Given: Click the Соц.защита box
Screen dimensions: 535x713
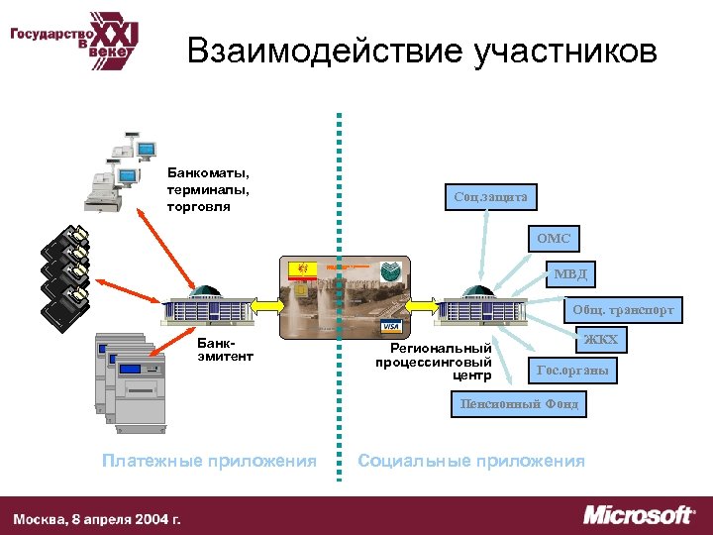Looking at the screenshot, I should [490, 197].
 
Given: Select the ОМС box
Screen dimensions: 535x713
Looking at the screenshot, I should [555, 239].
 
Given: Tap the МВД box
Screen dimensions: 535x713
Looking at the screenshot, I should [570, 273].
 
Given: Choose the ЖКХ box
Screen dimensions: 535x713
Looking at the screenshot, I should [601, 341].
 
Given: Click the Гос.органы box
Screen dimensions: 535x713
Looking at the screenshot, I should [571, 372].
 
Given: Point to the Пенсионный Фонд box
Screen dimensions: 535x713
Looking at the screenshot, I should [519, 404].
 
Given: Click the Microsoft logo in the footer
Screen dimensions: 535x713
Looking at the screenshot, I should [639, 515].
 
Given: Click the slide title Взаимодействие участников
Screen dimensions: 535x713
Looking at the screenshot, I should [422, 52].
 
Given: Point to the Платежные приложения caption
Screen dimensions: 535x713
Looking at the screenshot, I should [209, 461].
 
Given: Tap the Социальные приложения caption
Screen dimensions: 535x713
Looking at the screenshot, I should [470, 461].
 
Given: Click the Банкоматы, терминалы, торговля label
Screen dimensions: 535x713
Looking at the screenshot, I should [208, 190].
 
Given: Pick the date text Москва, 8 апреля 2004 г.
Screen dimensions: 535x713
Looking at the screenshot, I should [97, 518].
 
